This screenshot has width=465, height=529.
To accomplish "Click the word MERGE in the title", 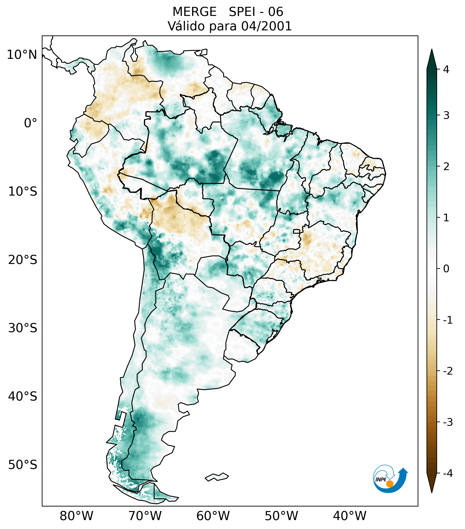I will pyautogui.click(x=194, y=12).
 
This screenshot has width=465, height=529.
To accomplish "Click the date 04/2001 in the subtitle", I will pyautogui.click(x=266, y=26).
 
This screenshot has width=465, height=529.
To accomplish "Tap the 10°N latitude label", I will pyautogui.click(x=22, y=55).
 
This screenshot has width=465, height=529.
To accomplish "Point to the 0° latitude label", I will pyautogui.click(x=31, y=123).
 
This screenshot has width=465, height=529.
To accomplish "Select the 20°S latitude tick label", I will pyautogui.click(x=23, y=260).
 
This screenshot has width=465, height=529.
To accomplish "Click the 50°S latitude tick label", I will pyautogui.click(x=23, y=465).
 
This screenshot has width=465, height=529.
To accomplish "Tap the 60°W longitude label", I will pyautogui.click(x=213, y=516).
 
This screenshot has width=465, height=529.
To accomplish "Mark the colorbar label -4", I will pyautogui.click(x=448, y=473).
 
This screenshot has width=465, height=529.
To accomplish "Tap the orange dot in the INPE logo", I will pyautogui.click(x=389, y=484).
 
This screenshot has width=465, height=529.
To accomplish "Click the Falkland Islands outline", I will pyautogui.click(x=217, y=477).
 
